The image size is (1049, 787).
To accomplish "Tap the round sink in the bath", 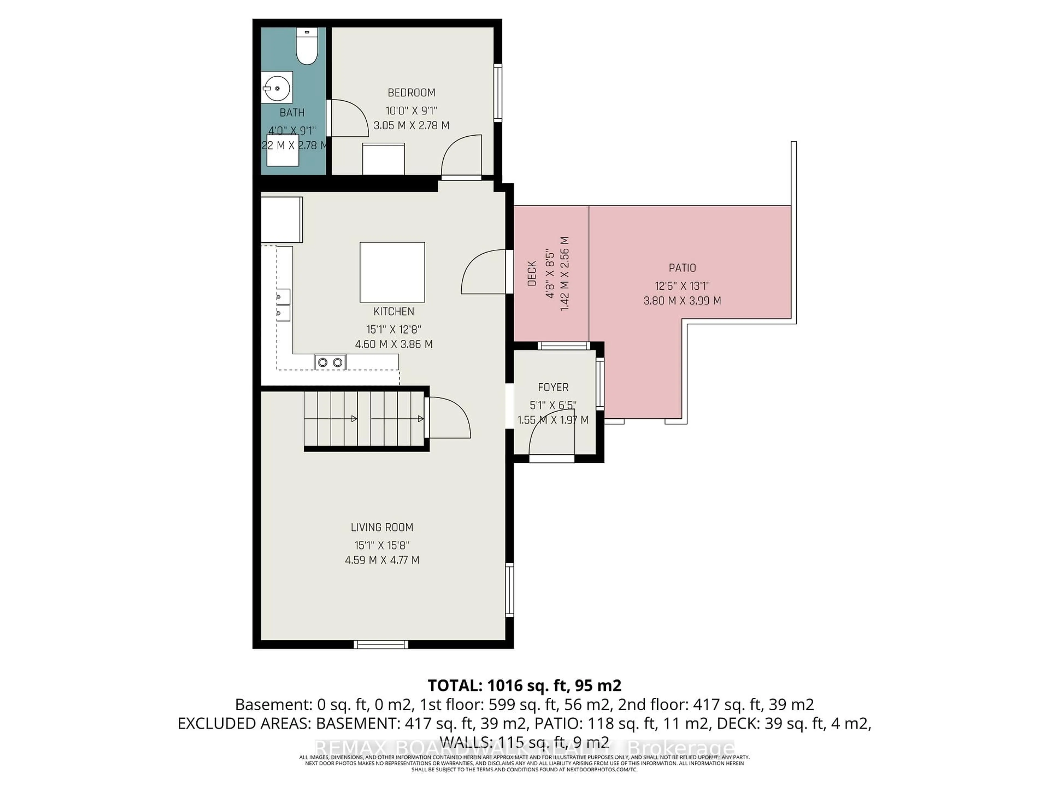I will click(276, 88).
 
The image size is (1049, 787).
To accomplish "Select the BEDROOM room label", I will click(411, 93).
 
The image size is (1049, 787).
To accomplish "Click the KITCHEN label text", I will click(394, 311).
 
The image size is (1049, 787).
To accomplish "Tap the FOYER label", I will click(553, 387).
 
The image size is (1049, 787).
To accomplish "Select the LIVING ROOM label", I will click(382, 527).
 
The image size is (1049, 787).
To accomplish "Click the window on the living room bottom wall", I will click(381, 644).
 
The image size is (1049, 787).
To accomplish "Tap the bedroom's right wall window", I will click(497, 93).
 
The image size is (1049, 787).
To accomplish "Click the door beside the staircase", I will click(448, 418).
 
